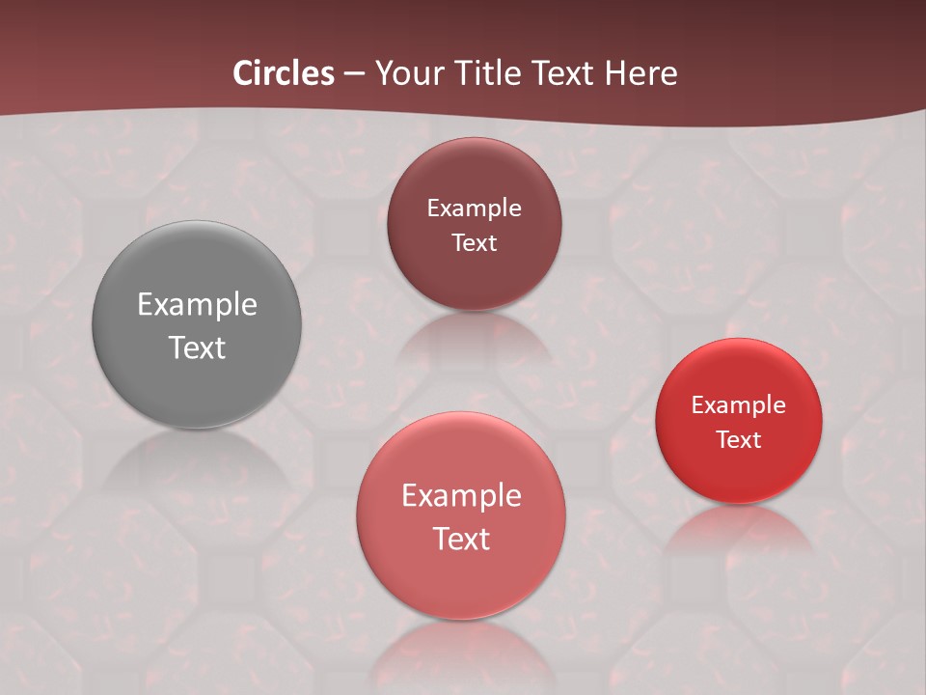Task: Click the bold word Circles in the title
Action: click(x=284, y=73)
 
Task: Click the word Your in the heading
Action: click(x=406, y=73)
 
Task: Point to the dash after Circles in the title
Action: click(x=354, y=74)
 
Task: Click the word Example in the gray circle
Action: click(x=197, y=305)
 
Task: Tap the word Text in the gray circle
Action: click(x=197, y=347)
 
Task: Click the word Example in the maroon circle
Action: click(x=474, y=208)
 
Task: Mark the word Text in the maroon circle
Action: click(x=474, y=242)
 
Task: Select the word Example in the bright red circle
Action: click(x=739, y=405)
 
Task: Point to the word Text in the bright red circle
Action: click(x=739, y=439)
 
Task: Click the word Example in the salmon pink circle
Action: click(x=461, y=496)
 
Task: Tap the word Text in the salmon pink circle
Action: click(x=461, y=539)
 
